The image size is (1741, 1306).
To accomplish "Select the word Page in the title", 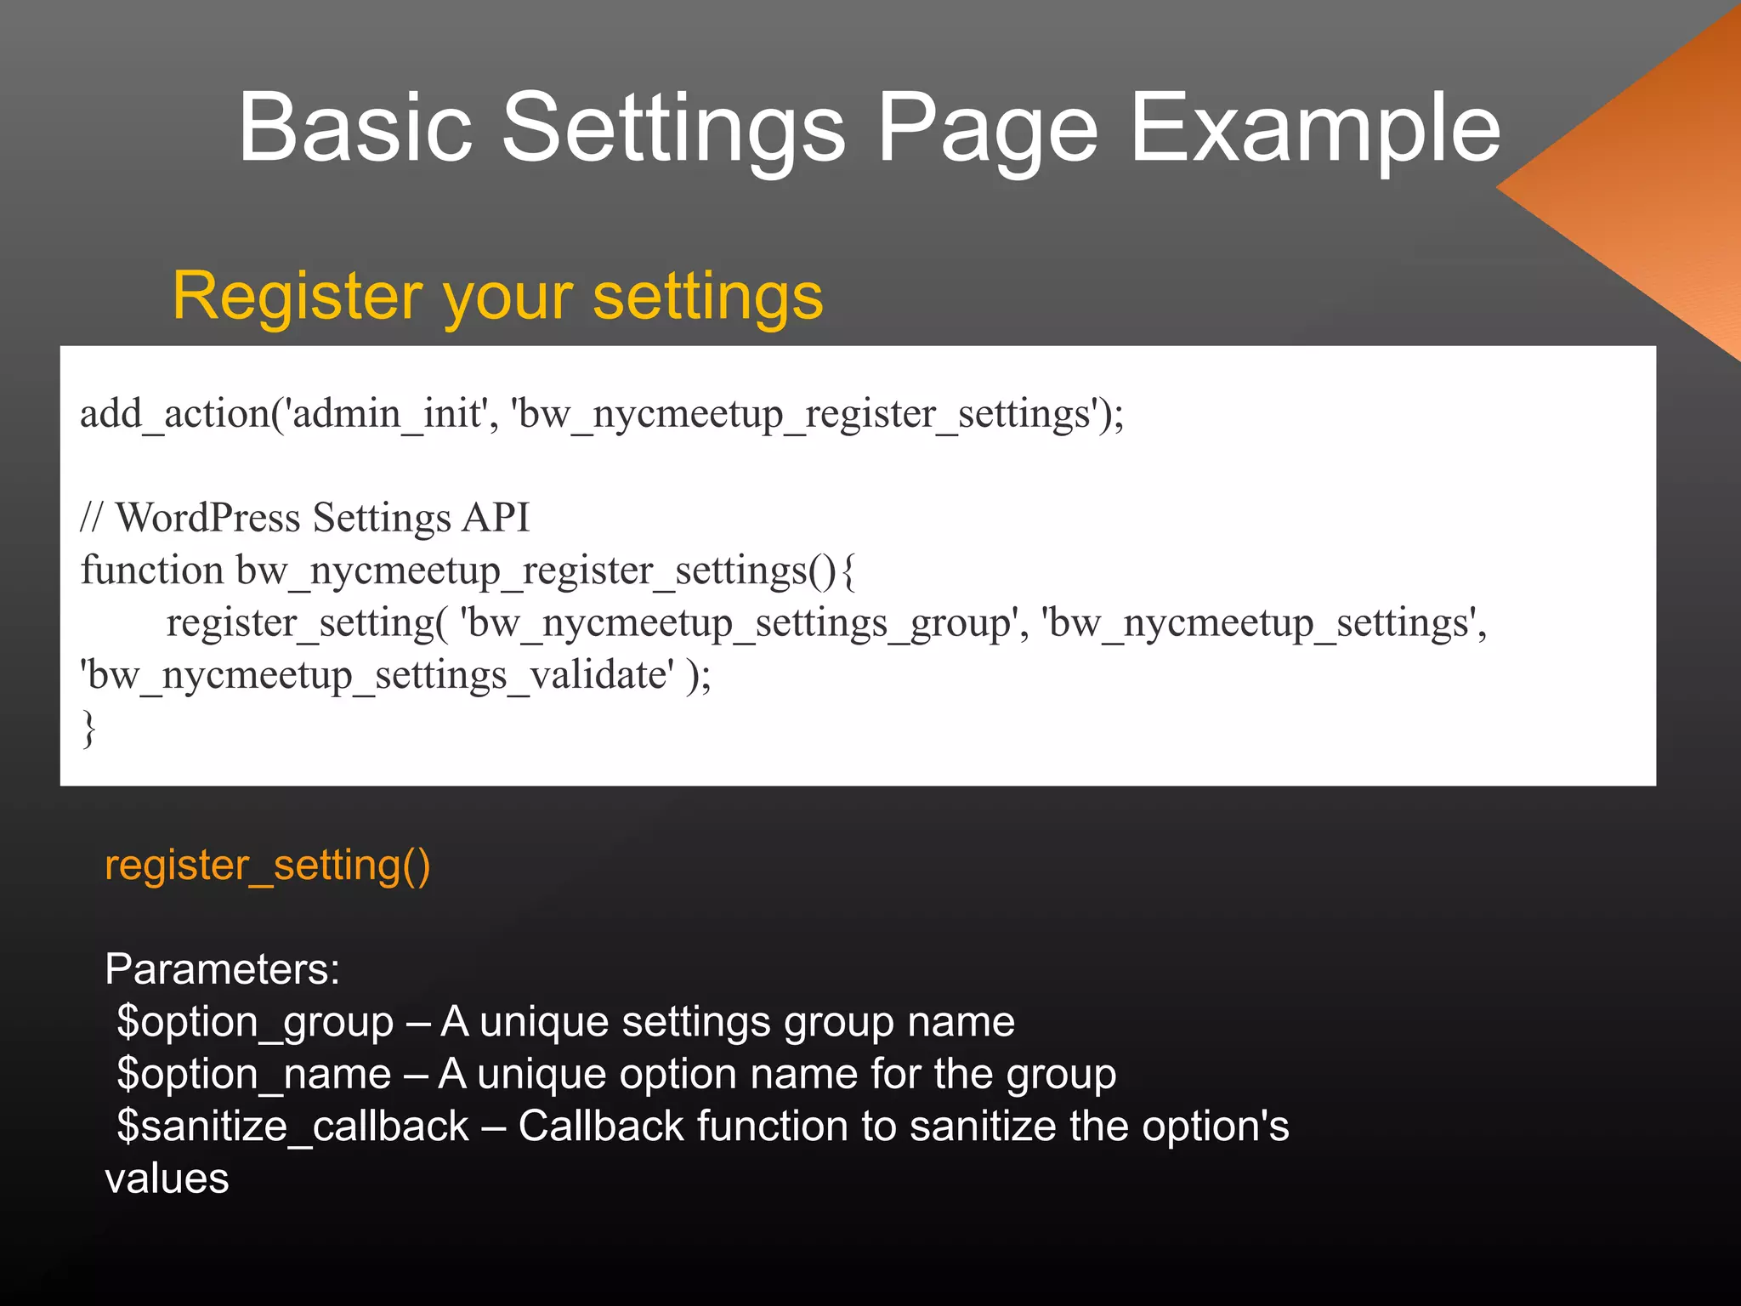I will click(987, 129).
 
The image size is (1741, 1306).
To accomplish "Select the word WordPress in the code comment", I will click(207, 518).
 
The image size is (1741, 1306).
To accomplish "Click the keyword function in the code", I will click(152, 571).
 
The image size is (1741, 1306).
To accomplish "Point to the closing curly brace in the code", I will click(88, 729).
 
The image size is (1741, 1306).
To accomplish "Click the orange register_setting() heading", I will click(267, 865).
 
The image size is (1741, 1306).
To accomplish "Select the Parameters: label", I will click(222, 969).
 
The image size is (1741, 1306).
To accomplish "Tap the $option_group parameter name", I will click(255, 1022).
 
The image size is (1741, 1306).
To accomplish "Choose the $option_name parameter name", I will click(253, 1074).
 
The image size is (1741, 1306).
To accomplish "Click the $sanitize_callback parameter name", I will click(292, 1127).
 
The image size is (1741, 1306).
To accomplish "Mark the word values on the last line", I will click(167, 1179).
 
